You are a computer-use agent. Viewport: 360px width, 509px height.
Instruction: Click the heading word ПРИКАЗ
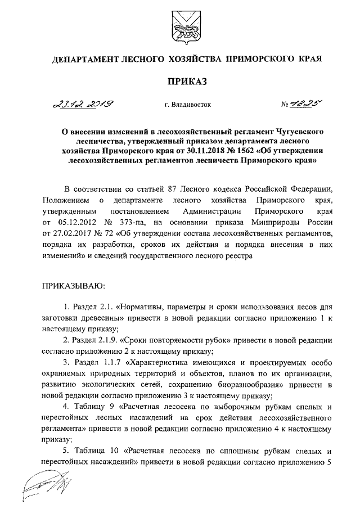pyautogui.click(x=179, y=82)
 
